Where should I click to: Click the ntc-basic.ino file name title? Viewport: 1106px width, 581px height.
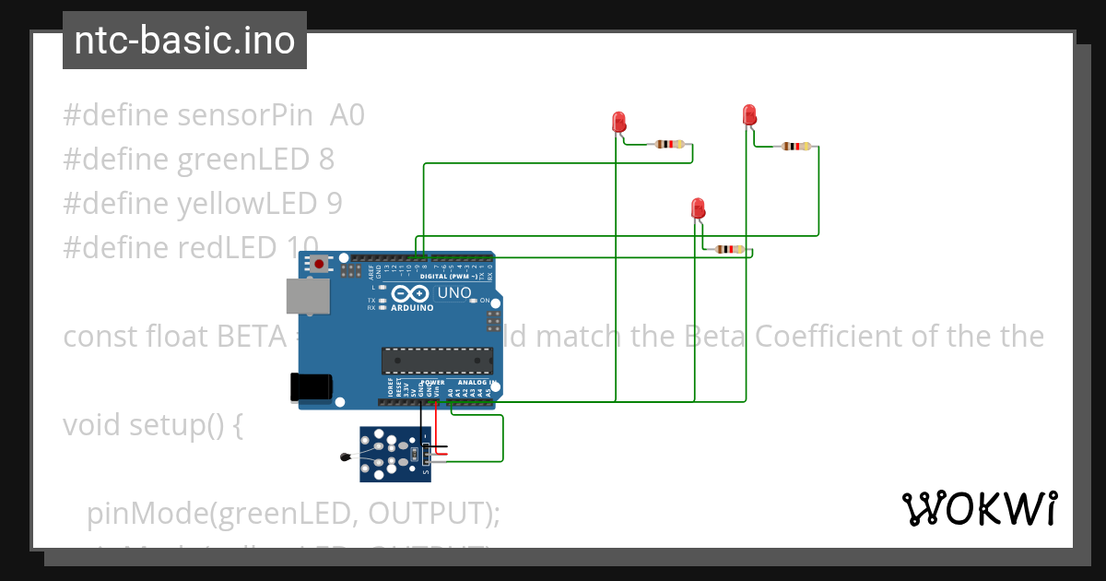184,41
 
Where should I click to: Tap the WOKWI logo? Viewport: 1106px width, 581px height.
979,508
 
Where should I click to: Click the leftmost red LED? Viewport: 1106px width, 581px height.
618,122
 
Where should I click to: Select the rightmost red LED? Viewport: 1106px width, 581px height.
749,115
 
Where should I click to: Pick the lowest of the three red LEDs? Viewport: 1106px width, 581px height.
698,208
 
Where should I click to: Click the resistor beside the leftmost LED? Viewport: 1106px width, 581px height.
669,144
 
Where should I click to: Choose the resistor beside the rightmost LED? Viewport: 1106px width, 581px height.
796,146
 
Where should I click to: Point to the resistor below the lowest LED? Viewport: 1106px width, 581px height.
730,249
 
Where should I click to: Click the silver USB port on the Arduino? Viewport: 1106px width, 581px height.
307,296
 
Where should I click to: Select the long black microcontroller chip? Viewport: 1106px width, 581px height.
437,362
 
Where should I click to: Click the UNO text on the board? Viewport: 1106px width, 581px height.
453,293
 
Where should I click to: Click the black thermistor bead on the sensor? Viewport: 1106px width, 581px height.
346,456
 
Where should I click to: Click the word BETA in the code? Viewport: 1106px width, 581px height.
252,337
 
